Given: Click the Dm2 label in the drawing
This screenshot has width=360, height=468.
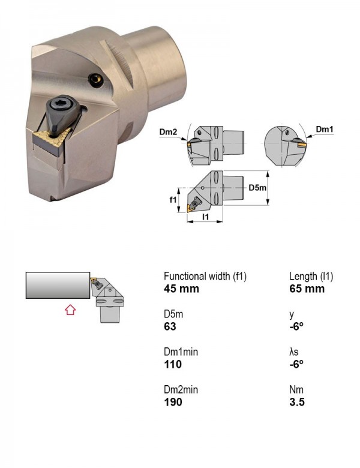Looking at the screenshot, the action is (168, 131).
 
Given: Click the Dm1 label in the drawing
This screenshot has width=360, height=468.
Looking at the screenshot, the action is (325, 129).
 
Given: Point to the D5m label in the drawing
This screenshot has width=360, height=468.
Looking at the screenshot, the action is (257, 188).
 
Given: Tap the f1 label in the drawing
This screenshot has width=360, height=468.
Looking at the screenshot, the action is (173, 200).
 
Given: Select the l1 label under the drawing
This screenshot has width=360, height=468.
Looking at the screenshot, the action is (205, 217).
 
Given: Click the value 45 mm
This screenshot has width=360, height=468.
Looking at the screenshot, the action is (181, 289).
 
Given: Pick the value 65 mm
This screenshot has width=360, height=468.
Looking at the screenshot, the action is (307, 289).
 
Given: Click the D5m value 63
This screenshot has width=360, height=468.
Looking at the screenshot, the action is (170, 326).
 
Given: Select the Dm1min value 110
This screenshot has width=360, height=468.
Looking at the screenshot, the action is (173, 364).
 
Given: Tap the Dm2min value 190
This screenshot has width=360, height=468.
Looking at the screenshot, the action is (173, 402).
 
